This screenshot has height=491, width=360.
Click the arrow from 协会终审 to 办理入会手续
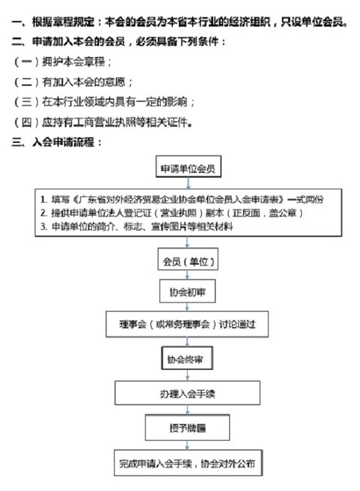(x=188, y=375)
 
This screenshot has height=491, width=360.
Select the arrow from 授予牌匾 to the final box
(x=188, y=445)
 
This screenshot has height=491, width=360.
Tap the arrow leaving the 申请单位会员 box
(x=188, y=183)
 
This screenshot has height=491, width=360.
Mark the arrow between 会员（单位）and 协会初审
(x=188, y=275)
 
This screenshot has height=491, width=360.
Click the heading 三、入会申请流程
(x=56, y=142)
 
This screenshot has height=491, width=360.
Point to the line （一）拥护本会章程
(x=62, y=62)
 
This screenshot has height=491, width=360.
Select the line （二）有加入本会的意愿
(x=73, y=82)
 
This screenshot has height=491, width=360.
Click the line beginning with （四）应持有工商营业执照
(x=102, y=122)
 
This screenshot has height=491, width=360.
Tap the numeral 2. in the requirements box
(x=44, y=213)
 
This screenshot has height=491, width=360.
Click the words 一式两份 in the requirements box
(x=305, y=199)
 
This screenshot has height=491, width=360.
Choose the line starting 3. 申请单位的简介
(x=136, y=226)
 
